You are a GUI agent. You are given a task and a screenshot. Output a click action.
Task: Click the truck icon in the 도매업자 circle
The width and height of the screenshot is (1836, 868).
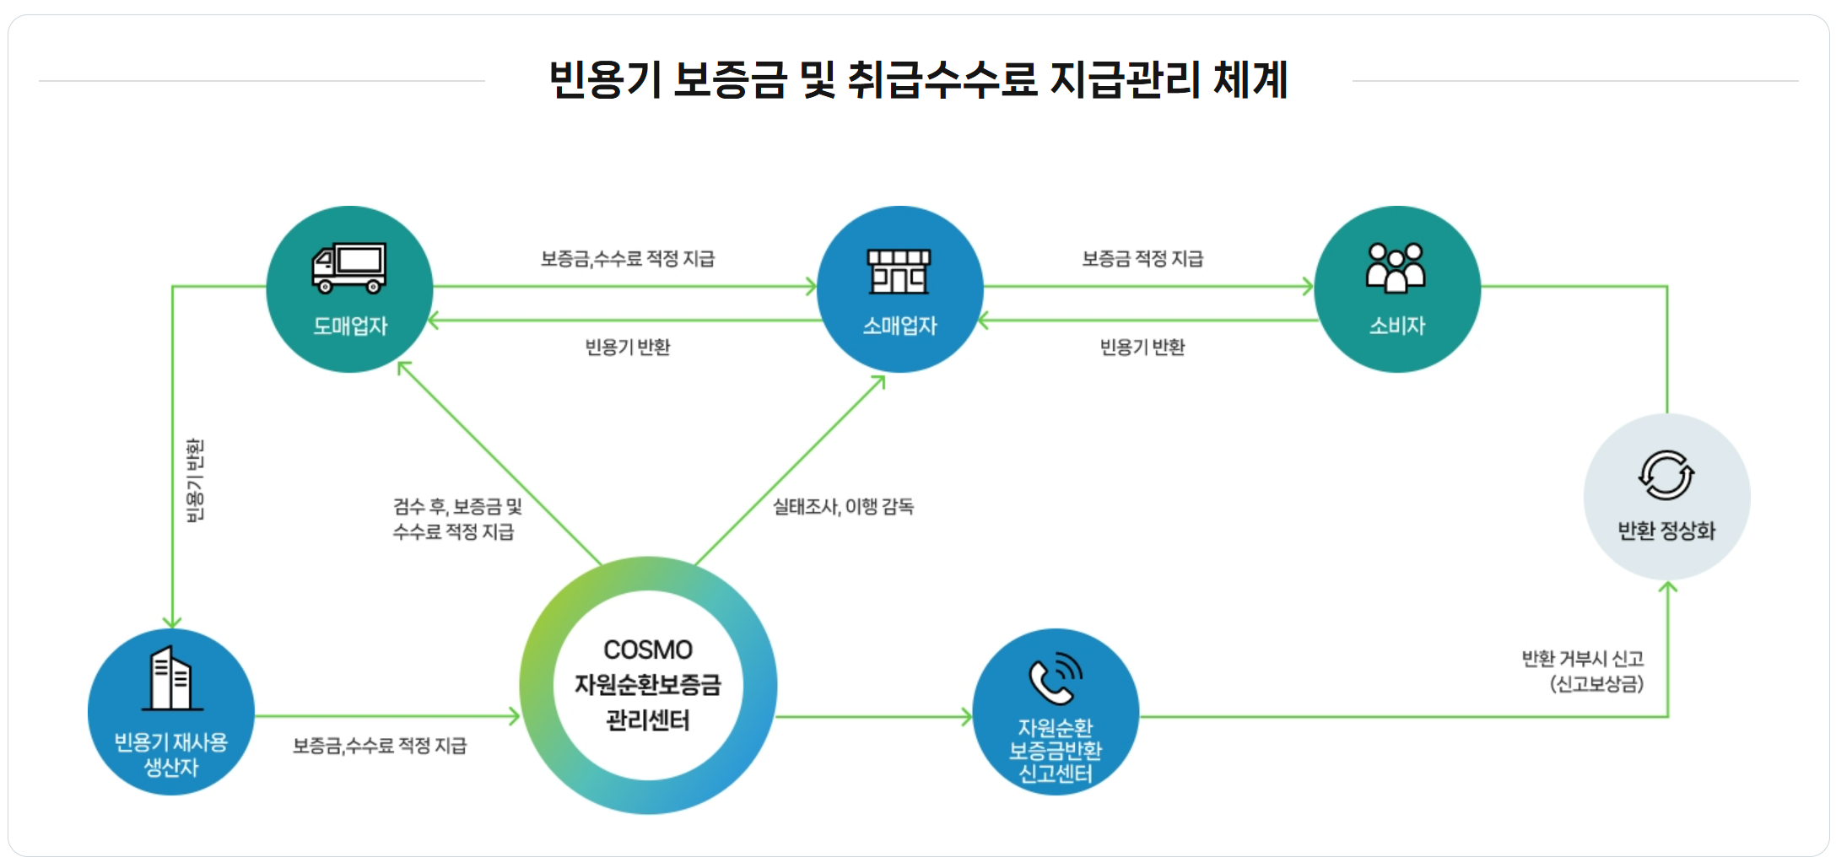pyautogui.click(x=349, y=268)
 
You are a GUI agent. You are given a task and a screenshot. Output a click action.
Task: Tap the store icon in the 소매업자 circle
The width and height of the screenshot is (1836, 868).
pyautogui.click(x=899, y=271)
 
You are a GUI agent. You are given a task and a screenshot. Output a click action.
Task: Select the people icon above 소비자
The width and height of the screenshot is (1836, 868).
pyautogui.click(x=1396, y=268)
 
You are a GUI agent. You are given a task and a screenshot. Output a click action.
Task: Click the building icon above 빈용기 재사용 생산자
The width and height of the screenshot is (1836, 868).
pyautogui.click(x=171, y=678)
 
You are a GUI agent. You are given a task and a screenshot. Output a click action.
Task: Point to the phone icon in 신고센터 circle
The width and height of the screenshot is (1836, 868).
pyautogui.click(x=1055, y=677)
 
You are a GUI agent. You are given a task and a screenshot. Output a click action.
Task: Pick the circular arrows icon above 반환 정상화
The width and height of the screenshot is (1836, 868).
pyautogui.click(x=1666, y=476)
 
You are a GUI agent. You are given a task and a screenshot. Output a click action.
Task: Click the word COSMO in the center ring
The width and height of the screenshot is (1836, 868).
pyautogui.click(x=648, y=650)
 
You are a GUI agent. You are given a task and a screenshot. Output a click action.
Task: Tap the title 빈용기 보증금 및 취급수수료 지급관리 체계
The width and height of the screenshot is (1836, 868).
pyautogui.click(x=918, y=80)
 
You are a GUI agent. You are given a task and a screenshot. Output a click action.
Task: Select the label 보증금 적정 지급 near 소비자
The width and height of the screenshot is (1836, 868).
pyautogui.click(x=1142, y=259)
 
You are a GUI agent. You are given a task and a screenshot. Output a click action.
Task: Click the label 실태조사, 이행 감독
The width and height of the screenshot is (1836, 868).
pyautogui.click(x=843, y=506)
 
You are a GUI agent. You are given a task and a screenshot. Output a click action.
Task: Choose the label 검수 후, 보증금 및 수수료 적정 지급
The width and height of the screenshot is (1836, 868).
pyautogui.click(x=456, y=518)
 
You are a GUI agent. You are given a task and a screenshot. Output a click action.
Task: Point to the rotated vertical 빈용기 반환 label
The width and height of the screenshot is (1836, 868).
pyautogui.click(x=195, y=480)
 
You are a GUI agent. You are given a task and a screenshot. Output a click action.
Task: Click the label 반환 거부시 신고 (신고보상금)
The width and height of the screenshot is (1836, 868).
pyautogui.click(x=1583, y=671)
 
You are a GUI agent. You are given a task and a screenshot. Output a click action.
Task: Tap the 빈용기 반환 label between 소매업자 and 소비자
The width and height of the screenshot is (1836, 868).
pyautogui.click(x=1142, y=347)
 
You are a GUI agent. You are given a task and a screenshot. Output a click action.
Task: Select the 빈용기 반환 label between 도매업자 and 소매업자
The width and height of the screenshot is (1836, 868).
pyautogui.click(x=628, y=347)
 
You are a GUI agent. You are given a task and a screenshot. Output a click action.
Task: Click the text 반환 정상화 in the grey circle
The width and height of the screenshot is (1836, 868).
pyautogui.click(x=1666, y=531)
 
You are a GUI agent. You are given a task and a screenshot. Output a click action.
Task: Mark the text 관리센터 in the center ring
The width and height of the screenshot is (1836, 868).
pyautogui.click(x=648, y=720)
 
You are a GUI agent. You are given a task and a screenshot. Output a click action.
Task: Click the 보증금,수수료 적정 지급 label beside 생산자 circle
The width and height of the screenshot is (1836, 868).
pyautogui.click(x=380, y=746)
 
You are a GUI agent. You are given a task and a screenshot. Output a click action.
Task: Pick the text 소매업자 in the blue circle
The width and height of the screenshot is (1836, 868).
pyautogui.click(x=899, y=326)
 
